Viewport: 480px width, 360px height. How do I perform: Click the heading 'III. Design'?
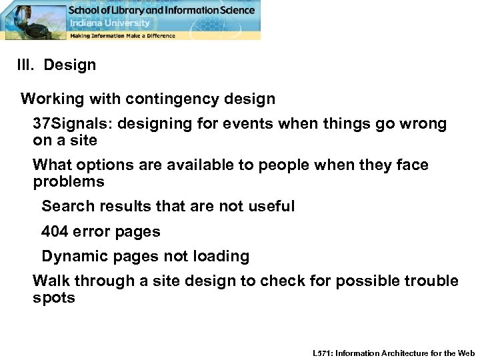57,65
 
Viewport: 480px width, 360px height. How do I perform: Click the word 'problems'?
69,181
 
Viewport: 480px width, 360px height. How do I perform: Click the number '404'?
55,232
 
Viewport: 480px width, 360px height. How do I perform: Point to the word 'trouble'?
431,281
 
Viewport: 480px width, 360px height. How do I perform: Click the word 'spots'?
53,297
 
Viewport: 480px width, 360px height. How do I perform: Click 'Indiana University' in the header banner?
103,23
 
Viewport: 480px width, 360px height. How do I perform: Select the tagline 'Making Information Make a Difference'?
123,35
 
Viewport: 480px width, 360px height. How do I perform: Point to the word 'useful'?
271,207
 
